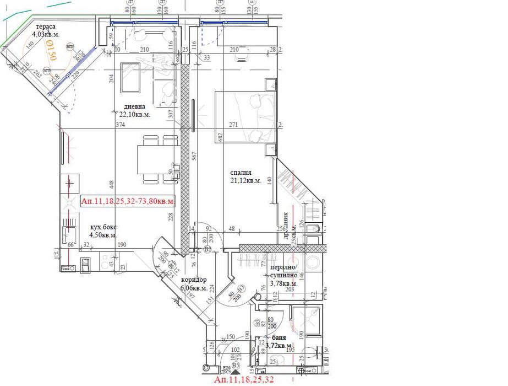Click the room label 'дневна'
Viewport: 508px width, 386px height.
pyautogui.click(x=134, y=106)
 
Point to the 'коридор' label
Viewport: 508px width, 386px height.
pyautogui.click(x=194, y=280)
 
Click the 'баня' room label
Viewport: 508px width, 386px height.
pyautogui.click(x=279, y=337)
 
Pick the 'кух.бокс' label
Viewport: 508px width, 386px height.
pyautogui.click(x=103, y=227)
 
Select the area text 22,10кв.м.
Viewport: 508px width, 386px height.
pyautogui.click(x=135, y=115)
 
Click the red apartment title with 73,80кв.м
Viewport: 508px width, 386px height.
pyautogui.click(x=127, y=201)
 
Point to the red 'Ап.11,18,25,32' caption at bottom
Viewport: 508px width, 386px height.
pyautogui.click(x=243, y=380)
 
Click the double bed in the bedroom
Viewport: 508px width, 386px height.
pyautogui.click(x=245, y=117)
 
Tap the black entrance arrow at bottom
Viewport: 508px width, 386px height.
pyautogui.click(x=237, y=373)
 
